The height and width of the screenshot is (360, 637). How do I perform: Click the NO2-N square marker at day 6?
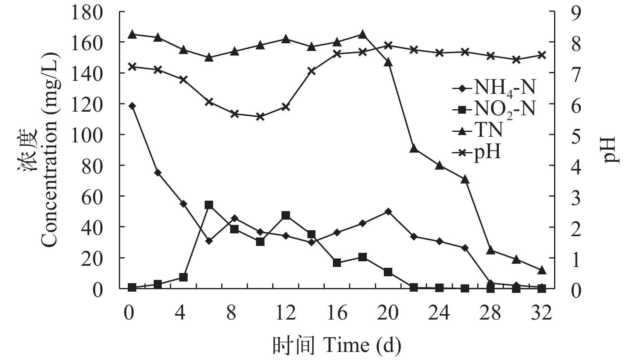click(x=209, y=205)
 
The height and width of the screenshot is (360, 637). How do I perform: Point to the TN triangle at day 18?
click(x=362, y=34)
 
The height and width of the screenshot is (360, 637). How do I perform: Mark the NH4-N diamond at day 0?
click(x=132, y=106)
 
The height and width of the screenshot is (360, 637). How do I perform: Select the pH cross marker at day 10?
click(x=260, y=116)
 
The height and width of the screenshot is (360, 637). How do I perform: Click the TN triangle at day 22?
click(x=414, y=148)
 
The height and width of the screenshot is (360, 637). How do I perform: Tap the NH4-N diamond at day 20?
click(x=388, y=212)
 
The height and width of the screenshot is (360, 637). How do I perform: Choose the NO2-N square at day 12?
click(x=286, y=215)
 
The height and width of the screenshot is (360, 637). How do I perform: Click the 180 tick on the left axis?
click(x=87, y=12)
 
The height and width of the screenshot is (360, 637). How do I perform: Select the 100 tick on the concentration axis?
click(x=87, y=135)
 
